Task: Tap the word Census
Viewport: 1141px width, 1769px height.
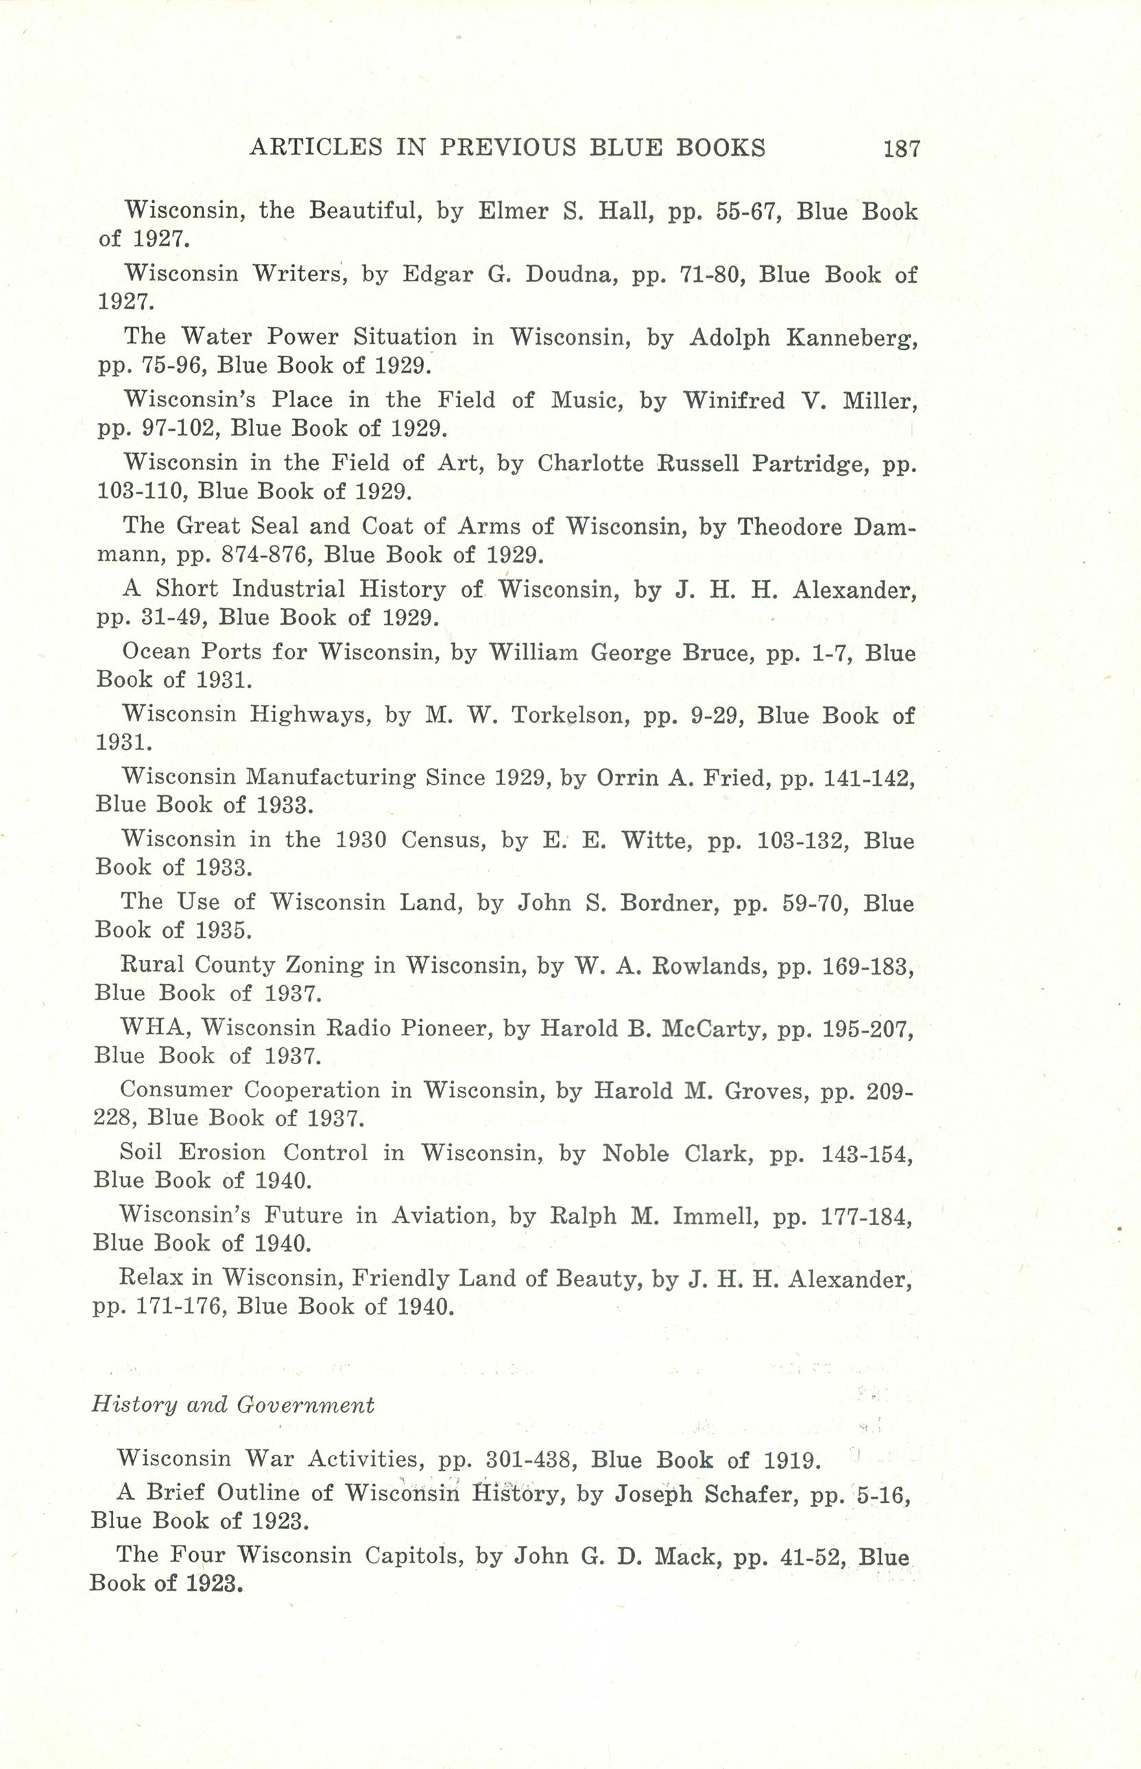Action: [443, 840]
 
